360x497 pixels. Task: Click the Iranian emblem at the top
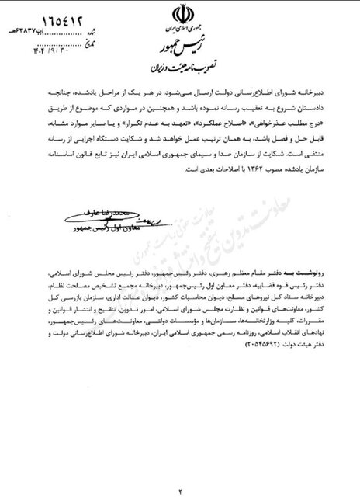[x=180, y=18]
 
